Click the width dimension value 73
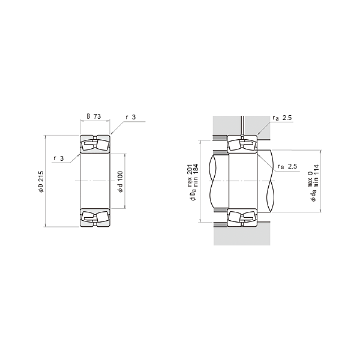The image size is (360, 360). click(x=97, y=116)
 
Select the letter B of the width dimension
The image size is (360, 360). click(x=88, y=116)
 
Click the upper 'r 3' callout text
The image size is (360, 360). click(x=130, y=117)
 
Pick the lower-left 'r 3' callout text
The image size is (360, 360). click(x=59, y=158)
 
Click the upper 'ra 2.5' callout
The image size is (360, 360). click(x=282, y=118)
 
